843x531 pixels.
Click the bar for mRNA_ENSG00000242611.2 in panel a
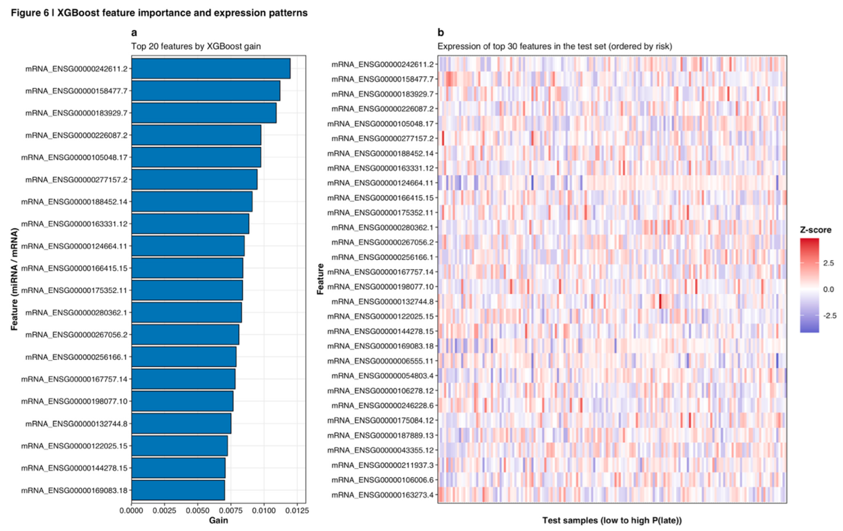(211, 68)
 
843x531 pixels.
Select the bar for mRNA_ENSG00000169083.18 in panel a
(178, 490)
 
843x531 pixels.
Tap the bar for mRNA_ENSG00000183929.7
(204, 113)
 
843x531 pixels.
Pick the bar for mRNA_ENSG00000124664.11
(188, 246)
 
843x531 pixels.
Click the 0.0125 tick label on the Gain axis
(297, 510)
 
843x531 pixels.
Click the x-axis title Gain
(218, 521)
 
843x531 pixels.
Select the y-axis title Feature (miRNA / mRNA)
(14, 279)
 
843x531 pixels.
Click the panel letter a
(134, 33)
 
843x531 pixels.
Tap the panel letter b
(440, 33)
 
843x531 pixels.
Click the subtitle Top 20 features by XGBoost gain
(196, 46)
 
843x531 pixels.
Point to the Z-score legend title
(815, 230)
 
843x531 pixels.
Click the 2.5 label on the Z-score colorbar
(828, 263)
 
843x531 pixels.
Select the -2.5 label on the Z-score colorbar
(829, 316)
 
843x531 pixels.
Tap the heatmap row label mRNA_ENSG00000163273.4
(382, 495)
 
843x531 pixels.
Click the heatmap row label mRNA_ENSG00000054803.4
(382, 376)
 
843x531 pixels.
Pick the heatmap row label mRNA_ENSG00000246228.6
(382, 405)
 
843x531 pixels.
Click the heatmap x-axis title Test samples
(612, 521)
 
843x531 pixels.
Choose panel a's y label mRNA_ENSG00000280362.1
(76, 313)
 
